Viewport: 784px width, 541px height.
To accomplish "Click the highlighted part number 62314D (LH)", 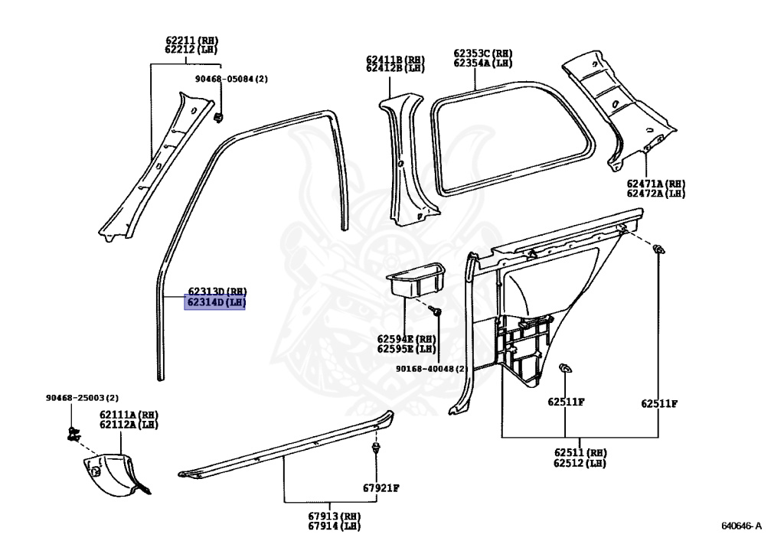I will tap(216, 302).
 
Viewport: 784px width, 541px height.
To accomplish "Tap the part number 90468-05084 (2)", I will tap(236, 79).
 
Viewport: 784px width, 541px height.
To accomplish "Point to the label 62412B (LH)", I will tap(394, 68).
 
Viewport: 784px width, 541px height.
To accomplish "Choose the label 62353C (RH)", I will tap(482, 54).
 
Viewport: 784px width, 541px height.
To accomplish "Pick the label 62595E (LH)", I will tap(406, 349).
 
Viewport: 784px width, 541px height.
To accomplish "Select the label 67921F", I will tap(381, 488).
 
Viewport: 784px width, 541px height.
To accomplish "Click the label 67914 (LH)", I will tap(334, 526).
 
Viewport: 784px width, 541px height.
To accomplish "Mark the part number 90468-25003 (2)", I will tap(82, 398).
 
